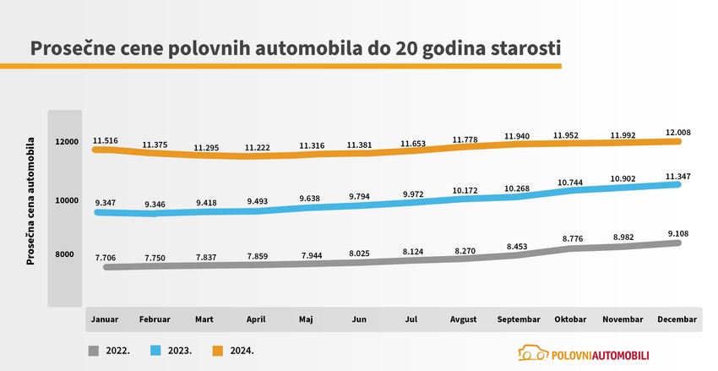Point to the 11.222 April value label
click(258, 147)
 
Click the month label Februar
click(155, 319)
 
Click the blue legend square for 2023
click(156, 349)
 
